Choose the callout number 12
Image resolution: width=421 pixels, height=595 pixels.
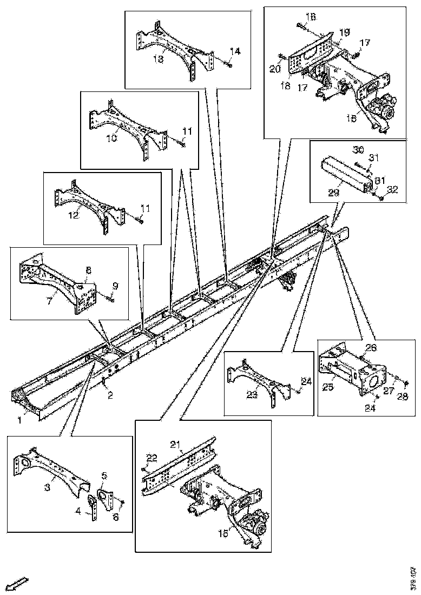[74, 215]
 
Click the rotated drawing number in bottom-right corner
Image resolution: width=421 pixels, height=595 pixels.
[413, 578]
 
